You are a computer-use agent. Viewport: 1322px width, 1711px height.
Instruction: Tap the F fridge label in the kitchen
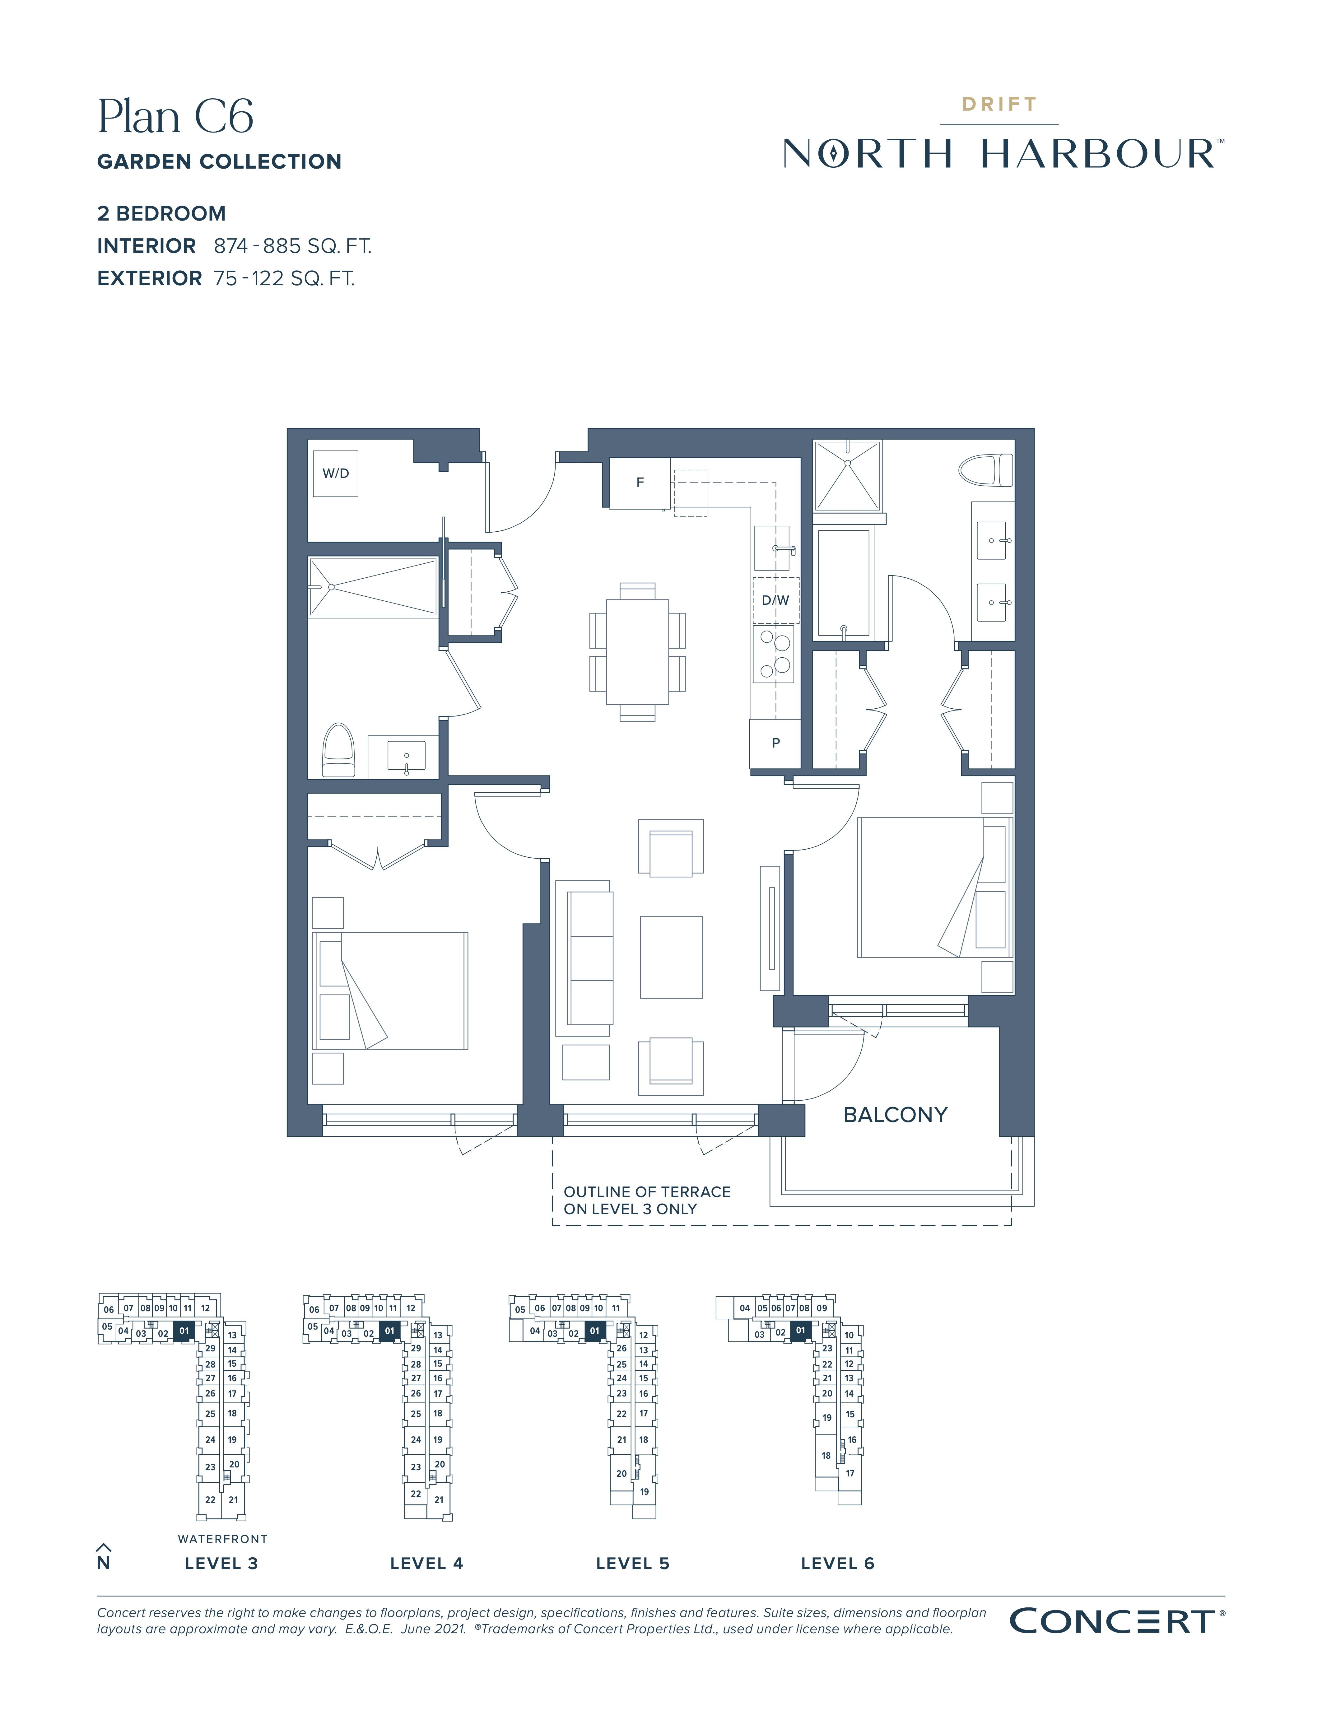coord(640,483)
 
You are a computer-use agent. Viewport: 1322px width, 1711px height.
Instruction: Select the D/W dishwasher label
coord(775,600)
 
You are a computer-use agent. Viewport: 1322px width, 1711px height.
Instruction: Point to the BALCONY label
coord(895,1115)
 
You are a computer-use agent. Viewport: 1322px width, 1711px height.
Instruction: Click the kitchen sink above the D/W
coord(775,548)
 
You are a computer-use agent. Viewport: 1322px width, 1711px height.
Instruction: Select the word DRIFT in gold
coord(999,104)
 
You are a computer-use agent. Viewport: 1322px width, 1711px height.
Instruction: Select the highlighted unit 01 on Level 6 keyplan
coord(800,1330)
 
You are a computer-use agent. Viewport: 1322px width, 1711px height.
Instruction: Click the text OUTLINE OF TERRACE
coord(647,1191)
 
